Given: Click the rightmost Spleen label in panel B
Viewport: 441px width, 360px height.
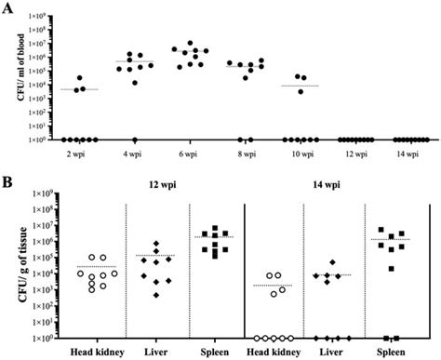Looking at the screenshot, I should click(404, 353).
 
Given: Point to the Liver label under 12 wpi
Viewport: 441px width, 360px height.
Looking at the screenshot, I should click(156, 353).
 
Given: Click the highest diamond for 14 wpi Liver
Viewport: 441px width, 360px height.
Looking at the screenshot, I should click(332, 263).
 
